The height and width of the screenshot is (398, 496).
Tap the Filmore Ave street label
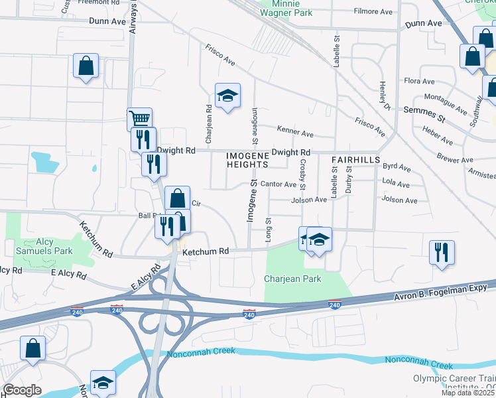coord(373,11)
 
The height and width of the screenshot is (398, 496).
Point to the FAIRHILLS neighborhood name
coord(355,160)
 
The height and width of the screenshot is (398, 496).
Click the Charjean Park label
coord(292,279)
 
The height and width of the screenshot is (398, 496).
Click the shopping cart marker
coord(139,119)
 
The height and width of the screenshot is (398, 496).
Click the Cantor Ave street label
coord(277,184)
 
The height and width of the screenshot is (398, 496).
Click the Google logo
coord(21,389)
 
